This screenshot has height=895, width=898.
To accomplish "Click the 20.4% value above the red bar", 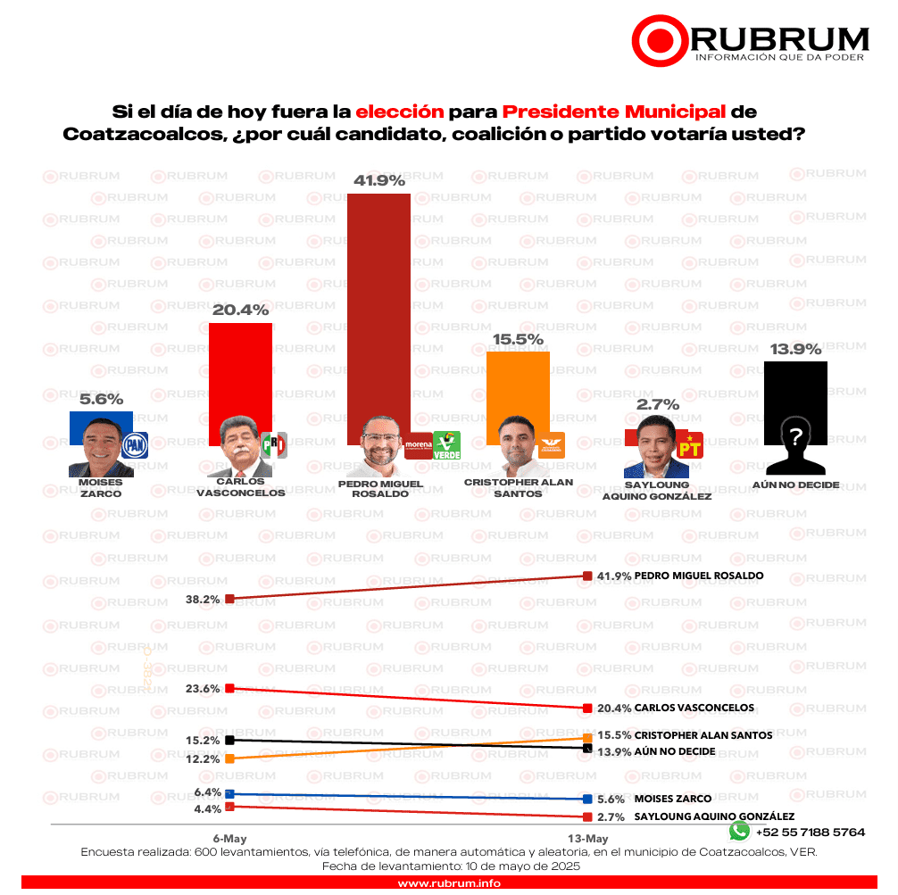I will (240, 311).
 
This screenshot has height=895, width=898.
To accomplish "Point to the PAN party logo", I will (134, 444).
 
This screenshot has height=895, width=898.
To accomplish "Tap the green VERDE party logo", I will (445, 444).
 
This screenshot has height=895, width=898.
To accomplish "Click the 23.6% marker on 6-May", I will (229, 688).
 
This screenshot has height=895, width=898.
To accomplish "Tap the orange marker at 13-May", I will (587, 737).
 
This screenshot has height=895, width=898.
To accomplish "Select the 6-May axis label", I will (229, 839).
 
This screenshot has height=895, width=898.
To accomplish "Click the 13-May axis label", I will (588, 839).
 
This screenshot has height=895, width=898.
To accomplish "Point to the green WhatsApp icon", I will (739, 831).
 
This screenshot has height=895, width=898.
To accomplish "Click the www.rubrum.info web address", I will (448, 883).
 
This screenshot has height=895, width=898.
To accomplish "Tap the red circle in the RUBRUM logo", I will (660, 39).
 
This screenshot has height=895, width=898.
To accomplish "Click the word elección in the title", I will (399, 112).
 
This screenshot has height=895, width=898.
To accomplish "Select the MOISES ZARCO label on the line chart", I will (672, 799).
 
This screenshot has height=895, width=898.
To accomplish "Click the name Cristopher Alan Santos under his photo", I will (518, 487).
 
